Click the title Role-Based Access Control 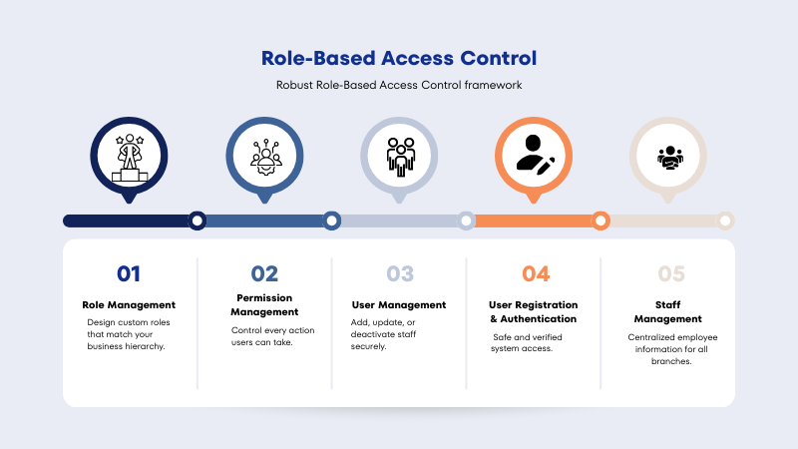(x=399, y=58)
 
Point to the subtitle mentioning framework (x=399, y=85)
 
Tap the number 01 (x=129, y=273)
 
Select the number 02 (x=264, y=273)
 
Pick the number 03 (x=399, y=273)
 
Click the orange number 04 (x=535, y=273)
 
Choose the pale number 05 (x=670, y=273)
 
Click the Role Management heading (x=129, y=304)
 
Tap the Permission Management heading (x=264, y=304)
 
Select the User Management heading (x=399, y=304)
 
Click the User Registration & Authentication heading (x=533, y=311)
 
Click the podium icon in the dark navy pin (x=130, y=157)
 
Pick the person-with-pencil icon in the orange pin (x=534, y=155)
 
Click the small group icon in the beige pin (x=668, y=157)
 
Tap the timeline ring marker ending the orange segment (x=600, y=221)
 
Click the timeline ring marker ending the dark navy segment (x=198, y=221)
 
